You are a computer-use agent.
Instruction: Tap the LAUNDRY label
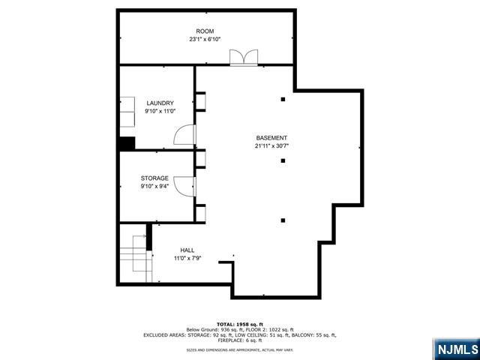160,103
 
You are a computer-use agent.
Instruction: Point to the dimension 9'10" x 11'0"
160,111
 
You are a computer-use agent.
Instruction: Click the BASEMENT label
271,138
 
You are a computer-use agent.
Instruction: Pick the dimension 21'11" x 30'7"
271,146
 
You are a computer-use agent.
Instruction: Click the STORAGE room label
154,178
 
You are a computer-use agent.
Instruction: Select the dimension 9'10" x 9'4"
154,187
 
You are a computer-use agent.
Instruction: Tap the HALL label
187,250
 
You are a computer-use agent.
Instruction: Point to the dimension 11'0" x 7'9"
187,259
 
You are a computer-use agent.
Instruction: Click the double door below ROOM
244,58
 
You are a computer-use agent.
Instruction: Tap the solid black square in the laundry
126,143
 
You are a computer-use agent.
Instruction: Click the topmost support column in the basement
283,99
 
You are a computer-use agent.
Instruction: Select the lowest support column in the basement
283,220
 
